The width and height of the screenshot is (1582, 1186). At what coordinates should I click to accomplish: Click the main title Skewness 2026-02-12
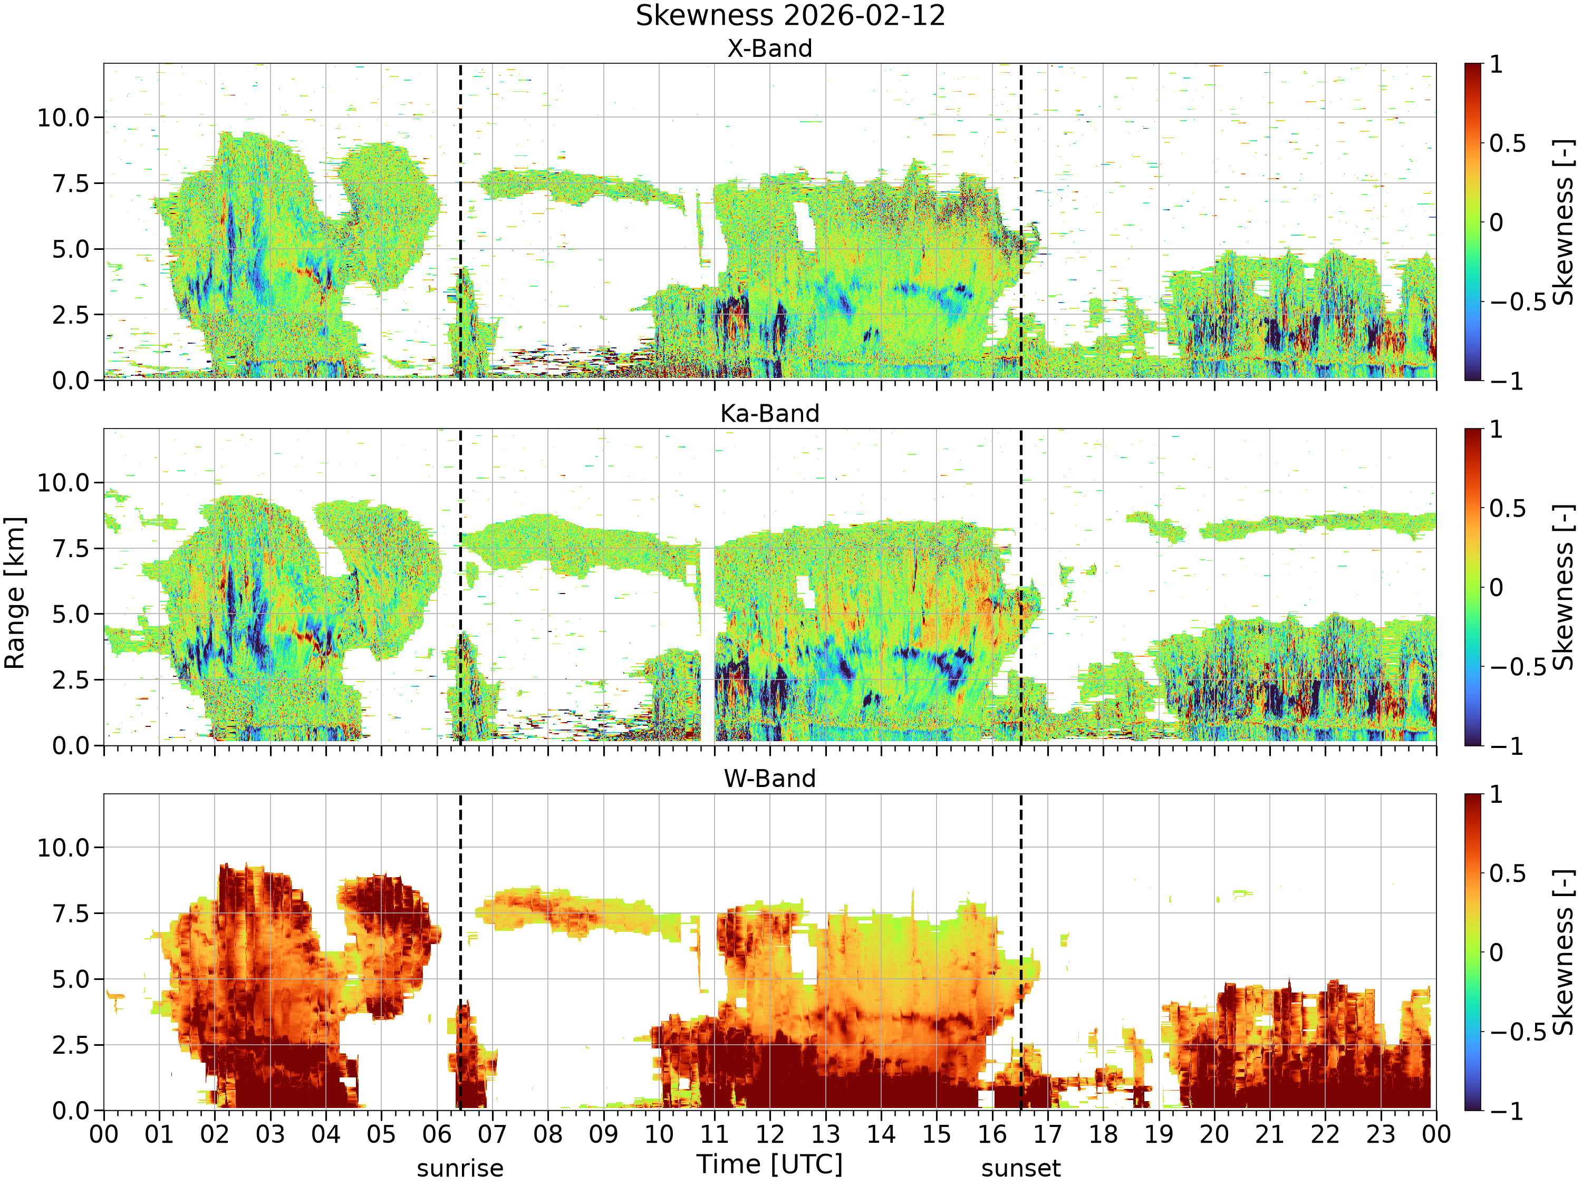click(790, 16)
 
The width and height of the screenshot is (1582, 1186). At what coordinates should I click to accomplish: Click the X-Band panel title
click(769, 48)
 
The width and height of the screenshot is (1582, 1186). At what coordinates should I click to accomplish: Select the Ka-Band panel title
click(769, 414)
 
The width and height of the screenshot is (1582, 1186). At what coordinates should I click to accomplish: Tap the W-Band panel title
click(769, 779)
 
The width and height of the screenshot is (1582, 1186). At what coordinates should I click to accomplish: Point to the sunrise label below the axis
click(460, 1169)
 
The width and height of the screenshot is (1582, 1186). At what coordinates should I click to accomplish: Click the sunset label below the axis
click(1020, 1169)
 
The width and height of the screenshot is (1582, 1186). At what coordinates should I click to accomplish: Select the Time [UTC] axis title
click(769, 1164)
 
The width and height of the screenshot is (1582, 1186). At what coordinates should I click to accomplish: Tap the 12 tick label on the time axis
click(769, 1134)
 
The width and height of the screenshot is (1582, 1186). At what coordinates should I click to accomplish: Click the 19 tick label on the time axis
click(1159, 1134)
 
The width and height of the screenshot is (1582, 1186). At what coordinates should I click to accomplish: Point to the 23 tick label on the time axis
click(1381, 1134)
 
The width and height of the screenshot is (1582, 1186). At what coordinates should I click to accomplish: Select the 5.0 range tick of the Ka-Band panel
click(71, 614)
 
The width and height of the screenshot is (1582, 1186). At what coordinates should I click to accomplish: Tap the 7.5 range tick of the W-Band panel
click(71, 913)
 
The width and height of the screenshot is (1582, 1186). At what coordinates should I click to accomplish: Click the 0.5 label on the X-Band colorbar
click(1508, 144)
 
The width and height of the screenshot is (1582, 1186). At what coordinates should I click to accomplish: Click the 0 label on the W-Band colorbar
click(1496, 953)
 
